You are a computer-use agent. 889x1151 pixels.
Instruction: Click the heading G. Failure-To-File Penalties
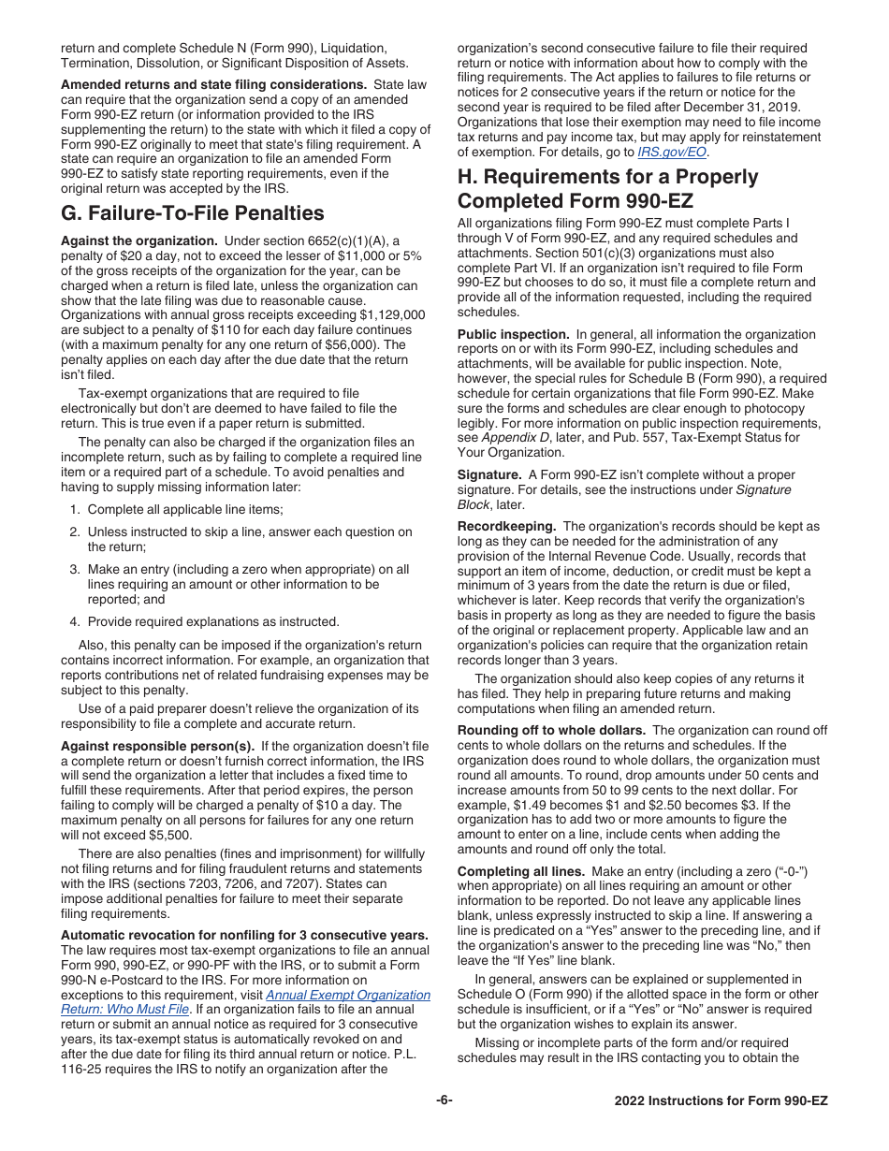pyautogui.click(x=193, y=212)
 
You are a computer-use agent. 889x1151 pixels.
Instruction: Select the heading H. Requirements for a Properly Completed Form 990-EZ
pyautogui.click(x=607, y=189)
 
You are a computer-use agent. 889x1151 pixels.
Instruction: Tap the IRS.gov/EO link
pyautogui.click(x=672, y=152)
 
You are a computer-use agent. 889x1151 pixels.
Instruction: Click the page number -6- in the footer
pyautogui.click(x=444, y=1100)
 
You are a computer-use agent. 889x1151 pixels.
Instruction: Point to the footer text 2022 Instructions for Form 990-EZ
pyautogui.click(x=721, y=1101)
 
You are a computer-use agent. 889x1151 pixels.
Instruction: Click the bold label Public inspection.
pyautogui.click(x=513, y=334)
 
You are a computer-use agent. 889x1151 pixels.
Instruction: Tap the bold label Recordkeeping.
pyautogui.click(x=506, y=527)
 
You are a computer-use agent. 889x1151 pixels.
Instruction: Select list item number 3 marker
pyautogui.click(x=74, y=569)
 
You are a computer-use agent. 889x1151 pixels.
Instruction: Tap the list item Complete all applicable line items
pyautogui.click(x=185, y=509)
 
